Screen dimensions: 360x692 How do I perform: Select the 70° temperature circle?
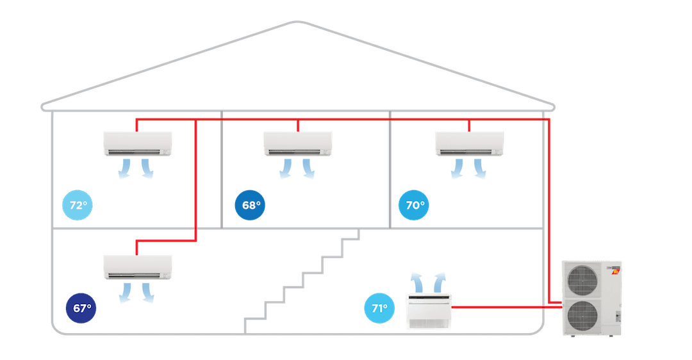point(415,206)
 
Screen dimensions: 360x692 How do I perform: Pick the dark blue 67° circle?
point(81,308)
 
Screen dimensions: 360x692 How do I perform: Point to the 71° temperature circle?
point(379,308)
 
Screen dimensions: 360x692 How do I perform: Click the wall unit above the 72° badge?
point(138,143)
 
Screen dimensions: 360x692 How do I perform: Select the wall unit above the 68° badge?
point(298,143)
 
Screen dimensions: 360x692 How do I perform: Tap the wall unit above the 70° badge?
point(470,143)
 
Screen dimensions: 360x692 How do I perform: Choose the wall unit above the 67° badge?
point(138,267)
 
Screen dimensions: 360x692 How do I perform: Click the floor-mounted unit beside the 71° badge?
point(429,311)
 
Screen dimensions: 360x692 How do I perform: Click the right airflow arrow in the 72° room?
point(147,168)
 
